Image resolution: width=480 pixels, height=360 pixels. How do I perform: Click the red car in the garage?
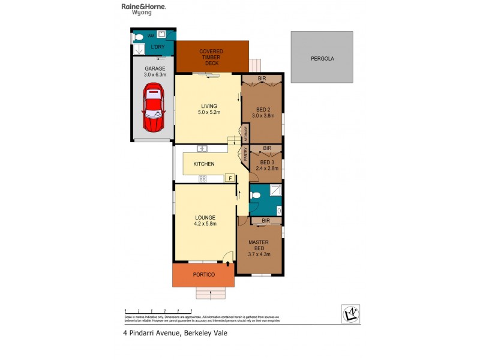[x=153, y=108]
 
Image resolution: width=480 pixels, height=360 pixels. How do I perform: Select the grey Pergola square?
[x=322, y=58]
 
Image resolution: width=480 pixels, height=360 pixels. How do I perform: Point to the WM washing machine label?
[x=150, y=36]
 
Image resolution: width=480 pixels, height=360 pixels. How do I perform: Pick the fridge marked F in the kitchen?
[x=229, y=178]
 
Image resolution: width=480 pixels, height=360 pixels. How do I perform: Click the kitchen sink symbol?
[x=203, y=149]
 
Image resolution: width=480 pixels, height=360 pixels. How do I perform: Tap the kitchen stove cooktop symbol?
[x=203, y=178]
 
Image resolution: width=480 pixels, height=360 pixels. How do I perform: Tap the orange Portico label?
[x=203, y=275]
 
